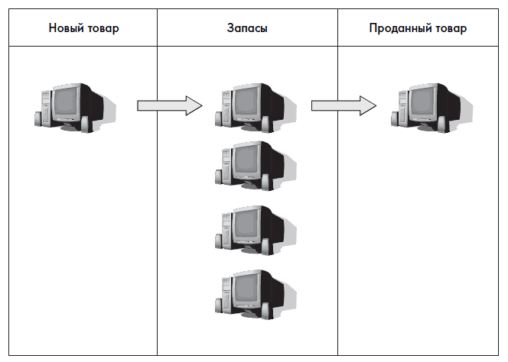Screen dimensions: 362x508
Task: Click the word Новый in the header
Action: [x=66, y=29]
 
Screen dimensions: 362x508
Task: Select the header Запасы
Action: [x=247, y=29]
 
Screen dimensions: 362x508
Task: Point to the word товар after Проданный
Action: [x=450, y=29]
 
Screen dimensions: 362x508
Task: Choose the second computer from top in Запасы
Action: [x=253, y=164]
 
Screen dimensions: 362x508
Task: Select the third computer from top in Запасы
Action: [x=253, y=229]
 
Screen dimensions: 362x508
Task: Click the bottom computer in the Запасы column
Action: [x=253, y=294]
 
